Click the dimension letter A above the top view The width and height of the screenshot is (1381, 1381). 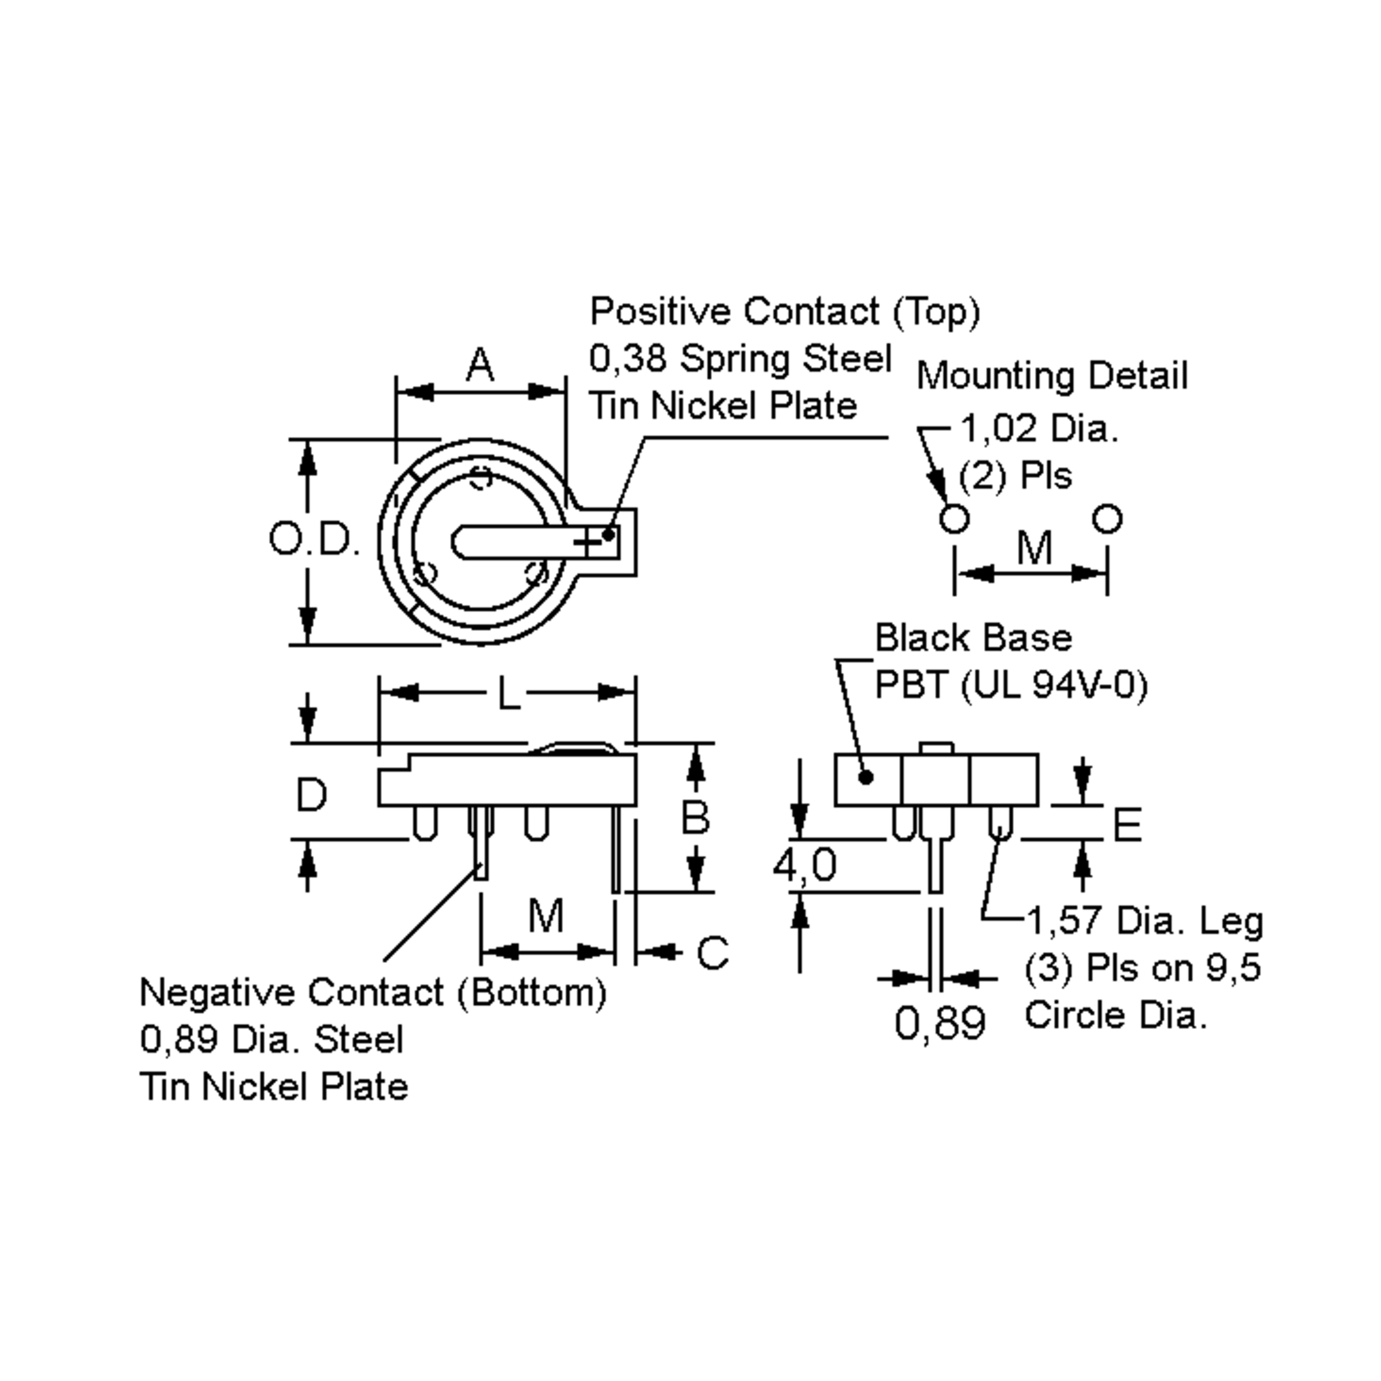pyautogui.click(x=480, y=365)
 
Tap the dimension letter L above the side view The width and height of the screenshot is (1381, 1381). pyautogui.click(x=508, y=693)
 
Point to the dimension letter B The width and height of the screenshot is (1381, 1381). pyautogui.click(x=695, y=817)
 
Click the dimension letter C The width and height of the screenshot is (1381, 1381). pyautogui.click(x=712, y=953)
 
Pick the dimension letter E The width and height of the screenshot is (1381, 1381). pyautogui.click(x=1127, y=825)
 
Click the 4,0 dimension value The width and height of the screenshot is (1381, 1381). pyautogui.click(x=804, y=865)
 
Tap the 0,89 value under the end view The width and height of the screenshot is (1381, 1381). pyautogui.click(x=939, y=1023)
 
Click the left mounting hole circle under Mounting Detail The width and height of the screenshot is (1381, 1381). pyautogui.click(x=954, y=518)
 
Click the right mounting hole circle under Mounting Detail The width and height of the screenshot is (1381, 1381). pyautogui.click(x=1107, y=518)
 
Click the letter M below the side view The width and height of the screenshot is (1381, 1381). pyautogui.click(x=545, y=915)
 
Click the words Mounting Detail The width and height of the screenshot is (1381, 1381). pyautogui.click(x=1051, y=376)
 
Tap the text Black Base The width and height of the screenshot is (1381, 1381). pyautogui.click(x=973, y=638)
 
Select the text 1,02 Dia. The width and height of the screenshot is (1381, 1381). pyautogui.click(x=1039, y=429)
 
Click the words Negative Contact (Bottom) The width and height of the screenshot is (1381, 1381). pyautogui.click(x=372, y=993)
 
